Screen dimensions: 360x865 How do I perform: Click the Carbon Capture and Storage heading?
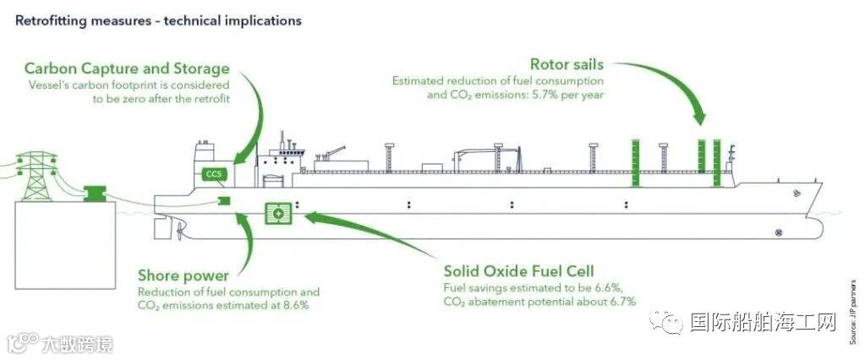coord(127,68)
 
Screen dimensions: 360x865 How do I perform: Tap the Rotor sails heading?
coord(567,64)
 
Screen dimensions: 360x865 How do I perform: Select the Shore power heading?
coord(183,275)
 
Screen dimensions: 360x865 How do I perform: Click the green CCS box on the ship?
coord(212,174)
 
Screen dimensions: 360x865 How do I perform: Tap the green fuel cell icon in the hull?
coord(277,214)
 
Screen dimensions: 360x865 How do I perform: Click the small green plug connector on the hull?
coord(224,200)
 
